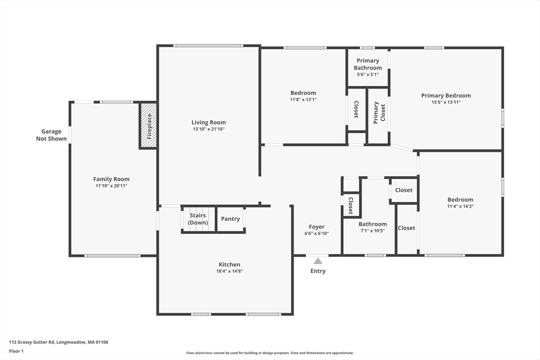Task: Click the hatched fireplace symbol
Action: click(x=149, y=125)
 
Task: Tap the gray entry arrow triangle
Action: click(x=317, y=260)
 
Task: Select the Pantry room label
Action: click(x=230, y=219)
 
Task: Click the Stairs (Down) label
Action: click(x=198, y=219)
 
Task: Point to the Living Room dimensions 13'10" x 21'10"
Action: click(x=208, y=129)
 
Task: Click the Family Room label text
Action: click(x=111, y=179)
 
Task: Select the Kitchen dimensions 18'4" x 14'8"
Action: click(x=229, y=271)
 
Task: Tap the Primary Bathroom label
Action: click(x=368, y=64)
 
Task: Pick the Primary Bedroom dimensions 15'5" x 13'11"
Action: click(x=446, y=102)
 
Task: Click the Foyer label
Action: click(x=316, y=227)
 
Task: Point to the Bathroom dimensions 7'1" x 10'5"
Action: click(x=372, y=231)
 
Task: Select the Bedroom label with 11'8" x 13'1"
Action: click(x=303, y=93)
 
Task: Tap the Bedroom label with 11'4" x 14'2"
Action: click(x=460, y=200)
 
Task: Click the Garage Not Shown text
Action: click(x=52, y=135)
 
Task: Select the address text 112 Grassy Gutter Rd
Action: click(x=59, y=342)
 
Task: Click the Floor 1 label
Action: click(x=16, y=351)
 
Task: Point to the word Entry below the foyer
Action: click(x=317, y=271)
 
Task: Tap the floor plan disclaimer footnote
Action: click(x=269, y=353)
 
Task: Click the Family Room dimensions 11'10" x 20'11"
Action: click(x=111, y=186)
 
